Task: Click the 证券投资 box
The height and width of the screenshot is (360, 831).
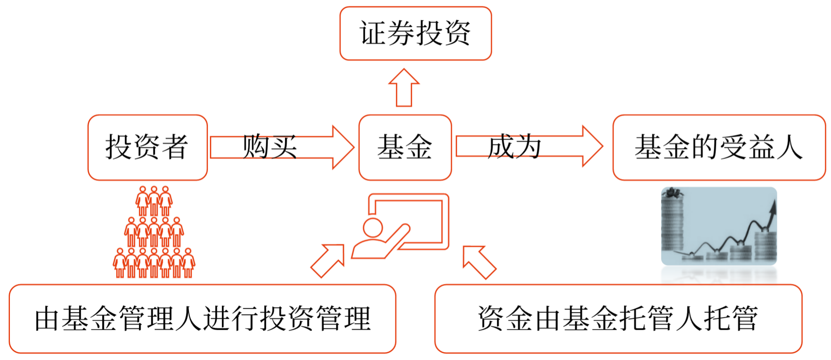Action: [415, 33]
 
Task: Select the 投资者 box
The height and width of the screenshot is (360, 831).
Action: [147, 147]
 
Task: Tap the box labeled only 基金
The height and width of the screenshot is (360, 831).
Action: [405, 147]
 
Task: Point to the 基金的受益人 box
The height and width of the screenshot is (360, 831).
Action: [719, 147]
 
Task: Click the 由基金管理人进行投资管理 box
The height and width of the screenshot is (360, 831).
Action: [202, 318]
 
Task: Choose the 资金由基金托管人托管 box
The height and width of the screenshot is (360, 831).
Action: [618, 318]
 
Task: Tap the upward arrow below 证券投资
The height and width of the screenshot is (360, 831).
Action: [404, 87]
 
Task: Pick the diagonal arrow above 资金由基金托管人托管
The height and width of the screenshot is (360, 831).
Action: [479, 262]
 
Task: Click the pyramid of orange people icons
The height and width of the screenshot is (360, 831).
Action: [154, 233]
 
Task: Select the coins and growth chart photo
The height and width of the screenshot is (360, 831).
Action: [719, 226]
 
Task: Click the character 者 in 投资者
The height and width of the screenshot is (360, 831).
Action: [175, 147]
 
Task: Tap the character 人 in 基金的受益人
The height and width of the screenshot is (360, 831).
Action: [789, 147]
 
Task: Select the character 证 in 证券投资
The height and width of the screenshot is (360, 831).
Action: [373, 33]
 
